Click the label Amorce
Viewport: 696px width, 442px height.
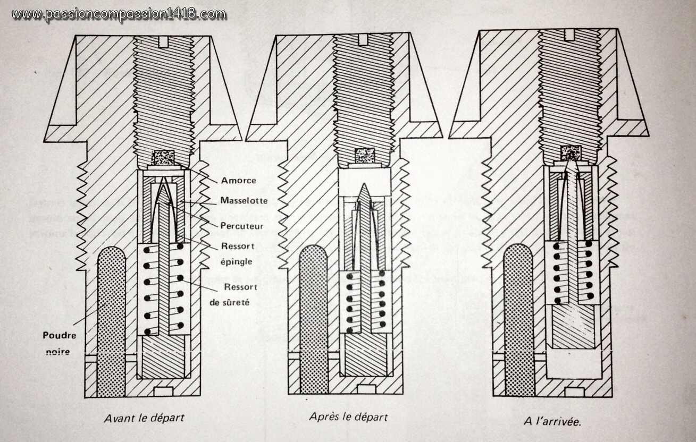click(x=239, y=180)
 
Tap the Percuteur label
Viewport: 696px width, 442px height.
click(x=242, y=225)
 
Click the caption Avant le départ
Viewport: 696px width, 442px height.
click(x=144, y=418)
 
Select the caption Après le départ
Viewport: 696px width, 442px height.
click(x=348, y=416)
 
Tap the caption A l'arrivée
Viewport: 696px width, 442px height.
click(x=552, y=421)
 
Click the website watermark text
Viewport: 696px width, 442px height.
click(x=119, y=14)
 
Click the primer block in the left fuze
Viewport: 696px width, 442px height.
click(x=163, y=158)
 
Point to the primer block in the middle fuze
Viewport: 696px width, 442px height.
click(x=365, y=156)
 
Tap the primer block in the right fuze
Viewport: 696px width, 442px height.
click(x=571, y=153)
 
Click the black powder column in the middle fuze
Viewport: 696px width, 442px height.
click(x=314, y=319)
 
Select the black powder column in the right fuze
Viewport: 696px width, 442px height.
click(x=518, y=319)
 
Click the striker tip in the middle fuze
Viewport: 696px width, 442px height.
click(x=365, y=192)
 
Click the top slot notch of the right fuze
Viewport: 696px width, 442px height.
click(x=569, y=35)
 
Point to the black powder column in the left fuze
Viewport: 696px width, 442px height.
click(x=112, y=319)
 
